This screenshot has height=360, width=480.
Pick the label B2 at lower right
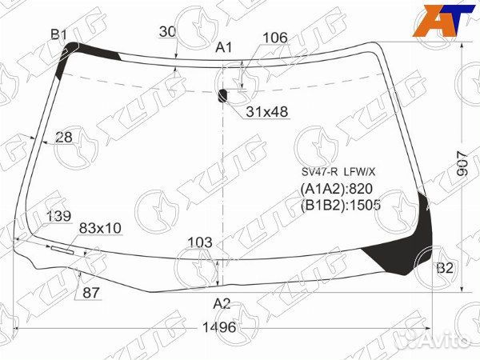pyautogui.click(x=445, y=268)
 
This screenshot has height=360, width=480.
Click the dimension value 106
pyautogui.click(x=274, y=38)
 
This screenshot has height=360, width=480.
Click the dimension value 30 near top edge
pyautogui.click(x=167, y=32)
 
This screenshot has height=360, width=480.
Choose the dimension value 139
pyautogui.click(x=58, y=216)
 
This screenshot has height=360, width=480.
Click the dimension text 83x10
pyautogui.click(x=100, y=229)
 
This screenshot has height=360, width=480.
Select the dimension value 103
pyautogui.click(x=200, y=242)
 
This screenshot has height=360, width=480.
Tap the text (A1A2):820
pyautogui.click(x=337, y=190)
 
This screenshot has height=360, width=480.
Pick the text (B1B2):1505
pyautogui.click(x=341, y=205)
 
